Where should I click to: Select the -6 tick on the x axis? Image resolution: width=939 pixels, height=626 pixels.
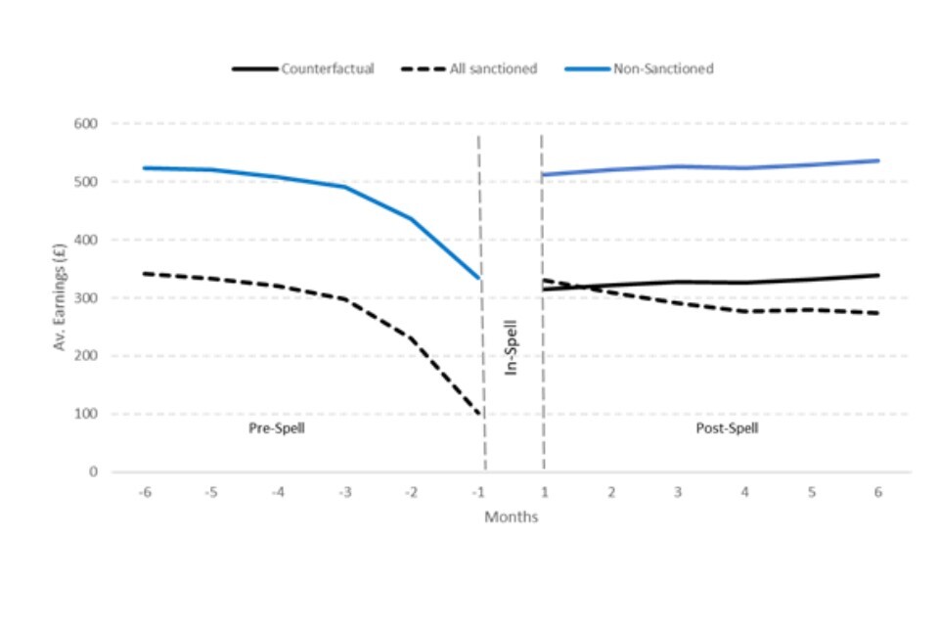pyautogui.click(x=144, y=492)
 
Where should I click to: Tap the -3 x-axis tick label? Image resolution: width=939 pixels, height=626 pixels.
pyautogui.click(x=344, y=492)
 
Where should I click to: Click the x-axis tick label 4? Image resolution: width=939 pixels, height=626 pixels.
pyautogui.click(x=744, y=492)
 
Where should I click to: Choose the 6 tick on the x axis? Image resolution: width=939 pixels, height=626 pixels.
pyautogui.click(x=878, y=492)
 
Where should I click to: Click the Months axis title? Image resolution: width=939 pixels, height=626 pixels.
pyautogui.click(x=511, y=516)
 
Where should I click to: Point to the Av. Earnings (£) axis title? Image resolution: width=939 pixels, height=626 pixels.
pyautogui.click(x=61, y=297)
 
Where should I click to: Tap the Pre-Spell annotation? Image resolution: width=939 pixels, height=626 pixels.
pyautogui.click(x=277, y=428)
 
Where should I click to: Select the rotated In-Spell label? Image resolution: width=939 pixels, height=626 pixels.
pyautogui.click(x=511, y=346)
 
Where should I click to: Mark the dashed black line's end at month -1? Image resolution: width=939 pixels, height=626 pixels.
pyautogui.click(x=479, y=415)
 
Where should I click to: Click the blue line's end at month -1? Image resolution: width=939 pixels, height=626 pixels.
pyautogui.click(x=479, y=279)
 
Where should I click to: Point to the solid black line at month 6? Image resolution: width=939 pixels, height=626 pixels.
pyautogui.click(x=878, y=275)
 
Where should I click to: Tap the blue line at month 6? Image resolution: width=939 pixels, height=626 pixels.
pyautogui.click(x=878, y=160)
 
